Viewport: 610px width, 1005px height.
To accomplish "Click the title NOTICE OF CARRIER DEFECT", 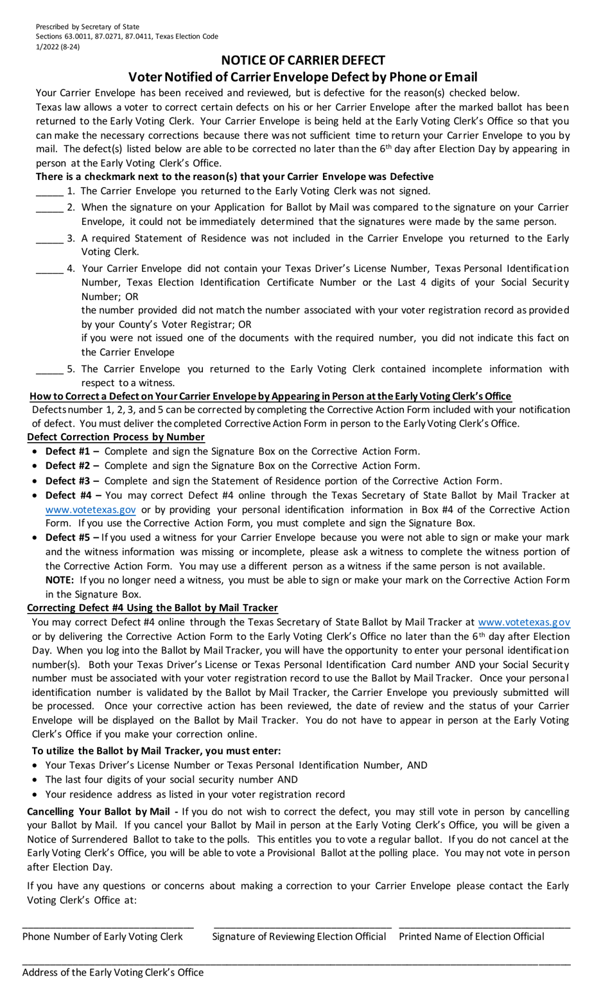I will click(x=302, y=60).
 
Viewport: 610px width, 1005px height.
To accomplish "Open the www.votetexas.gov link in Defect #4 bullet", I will click(x=91, y=510).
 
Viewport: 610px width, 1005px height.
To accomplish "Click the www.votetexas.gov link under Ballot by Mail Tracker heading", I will click(x=524, y=622).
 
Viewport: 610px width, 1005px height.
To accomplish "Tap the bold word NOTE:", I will click(x=59, y=580).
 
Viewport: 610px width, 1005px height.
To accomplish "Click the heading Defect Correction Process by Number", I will click(x=116, y=437).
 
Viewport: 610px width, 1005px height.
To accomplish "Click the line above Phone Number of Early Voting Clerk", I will click(x=108, y=926).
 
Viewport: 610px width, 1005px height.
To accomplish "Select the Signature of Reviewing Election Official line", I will click(x=302, y=926).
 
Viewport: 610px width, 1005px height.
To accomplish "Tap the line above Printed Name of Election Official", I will click(x=484, y=926).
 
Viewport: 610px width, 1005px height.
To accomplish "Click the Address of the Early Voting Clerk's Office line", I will click(x=295, y=962).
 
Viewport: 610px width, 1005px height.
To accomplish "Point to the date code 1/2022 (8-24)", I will click(x=58, y=46).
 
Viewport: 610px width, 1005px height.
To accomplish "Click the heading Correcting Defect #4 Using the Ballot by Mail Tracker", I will click(x=152, y=608).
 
